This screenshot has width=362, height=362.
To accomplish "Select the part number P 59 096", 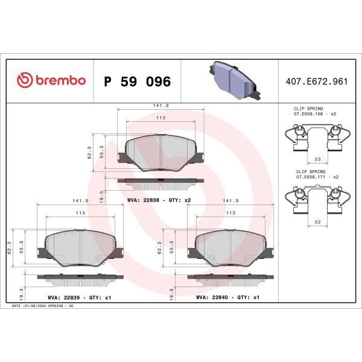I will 138,81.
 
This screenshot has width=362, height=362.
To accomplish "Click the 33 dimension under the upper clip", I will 317,160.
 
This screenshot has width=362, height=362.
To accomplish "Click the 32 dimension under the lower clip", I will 317,222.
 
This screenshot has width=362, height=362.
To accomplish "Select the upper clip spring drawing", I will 317,136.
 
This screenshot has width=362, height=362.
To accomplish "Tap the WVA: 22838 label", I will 159,200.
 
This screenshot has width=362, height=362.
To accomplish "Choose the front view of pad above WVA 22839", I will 80,247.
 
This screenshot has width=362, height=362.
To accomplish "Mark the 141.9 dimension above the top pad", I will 160,106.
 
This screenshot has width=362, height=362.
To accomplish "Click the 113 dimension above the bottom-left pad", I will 80,213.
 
